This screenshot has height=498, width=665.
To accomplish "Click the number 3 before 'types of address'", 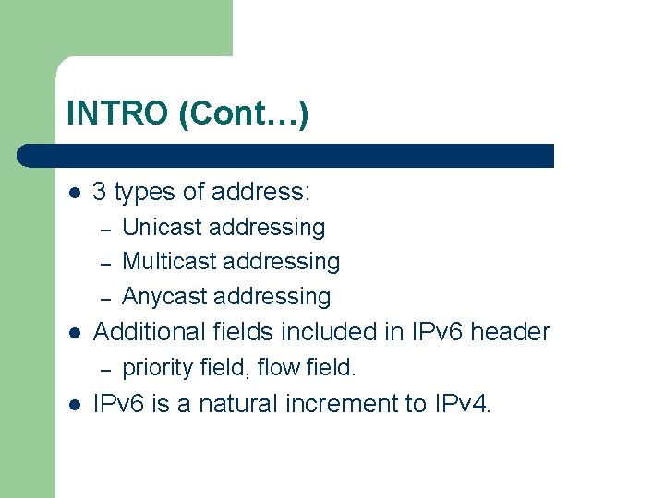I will (100, 192).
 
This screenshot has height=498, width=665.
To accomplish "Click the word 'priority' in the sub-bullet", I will (157, 368).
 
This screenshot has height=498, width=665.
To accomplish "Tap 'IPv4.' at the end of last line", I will (462, 404).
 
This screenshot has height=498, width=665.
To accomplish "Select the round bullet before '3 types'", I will (75, 193).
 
